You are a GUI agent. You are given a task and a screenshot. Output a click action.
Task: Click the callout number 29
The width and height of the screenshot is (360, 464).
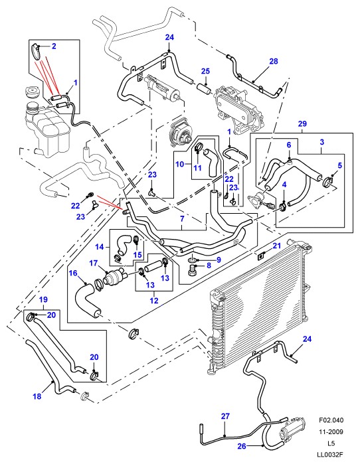coord(302,123)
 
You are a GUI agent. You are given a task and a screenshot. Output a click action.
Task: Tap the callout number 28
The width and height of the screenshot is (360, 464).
coord(274,61)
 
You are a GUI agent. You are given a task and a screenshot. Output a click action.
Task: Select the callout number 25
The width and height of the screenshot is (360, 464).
coord(205,71)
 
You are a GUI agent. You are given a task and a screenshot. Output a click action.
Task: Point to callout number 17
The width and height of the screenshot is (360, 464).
coord(94,263)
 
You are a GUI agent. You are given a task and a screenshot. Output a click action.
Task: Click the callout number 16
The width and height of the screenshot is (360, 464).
coord(73,273)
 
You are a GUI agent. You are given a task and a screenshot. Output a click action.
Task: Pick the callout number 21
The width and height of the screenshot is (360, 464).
coord(276,246)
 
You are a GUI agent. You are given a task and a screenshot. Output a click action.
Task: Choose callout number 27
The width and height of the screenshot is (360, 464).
coord(225,416)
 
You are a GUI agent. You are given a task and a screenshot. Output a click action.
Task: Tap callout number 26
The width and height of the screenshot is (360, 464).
coord(242,445)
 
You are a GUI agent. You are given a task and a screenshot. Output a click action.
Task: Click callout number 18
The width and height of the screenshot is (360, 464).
coord(37,396)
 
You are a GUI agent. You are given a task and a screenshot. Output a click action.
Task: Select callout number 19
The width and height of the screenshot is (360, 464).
coord(43,299)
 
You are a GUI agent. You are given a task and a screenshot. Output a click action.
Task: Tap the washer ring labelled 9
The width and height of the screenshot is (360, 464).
coord(192,260)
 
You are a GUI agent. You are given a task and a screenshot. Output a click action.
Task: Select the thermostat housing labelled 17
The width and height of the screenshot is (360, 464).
coord(114,277)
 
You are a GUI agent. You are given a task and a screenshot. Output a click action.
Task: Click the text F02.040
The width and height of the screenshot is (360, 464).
coord(331,420)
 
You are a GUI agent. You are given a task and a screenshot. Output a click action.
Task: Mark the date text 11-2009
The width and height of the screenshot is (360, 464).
coord(331,431)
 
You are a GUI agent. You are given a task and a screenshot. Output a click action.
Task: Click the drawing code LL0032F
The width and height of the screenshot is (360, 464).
coord(331,455)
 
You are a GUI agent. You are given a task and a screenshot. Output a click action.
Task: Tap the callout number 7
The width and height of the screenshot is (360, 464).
coord(182,219)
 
